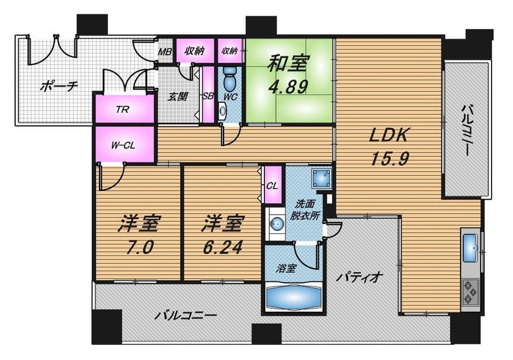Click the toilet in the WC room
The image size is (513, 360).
[231, 79]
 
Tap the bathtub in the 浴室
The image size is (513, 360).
[294, 297]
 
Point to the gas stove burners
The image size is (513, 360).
[470, 291]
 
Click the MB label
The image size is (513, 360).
[166, 51]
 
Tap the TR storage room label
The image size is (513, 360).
[122, 109]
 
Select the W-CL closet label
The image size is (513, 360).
[123, 145]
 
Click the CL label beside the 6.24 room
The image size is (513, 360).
[272, 186]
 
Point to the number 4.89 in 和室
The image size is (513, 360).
[288, 87]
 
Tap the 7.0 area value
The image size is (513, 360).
[139, 247]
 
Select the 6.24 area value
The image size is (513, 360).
[222, 247]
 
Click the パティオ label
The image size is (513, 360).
[360, 278]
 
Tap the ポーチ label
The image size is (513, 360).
[59, 86]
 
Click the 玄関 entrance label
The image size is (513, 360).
[178, 97]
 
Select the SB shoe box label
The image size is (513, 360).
[208, 96]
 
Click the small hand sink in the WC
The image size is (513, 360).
[223, 110]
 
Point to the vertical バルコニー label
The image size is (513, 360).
[466, 130]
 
